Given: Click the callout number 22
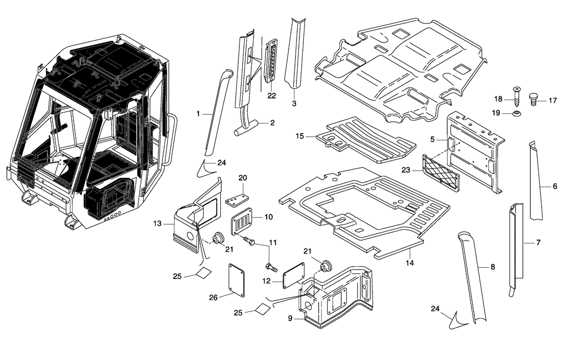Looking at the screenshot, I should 272,96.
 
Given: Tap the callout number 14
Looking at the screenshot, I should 410,263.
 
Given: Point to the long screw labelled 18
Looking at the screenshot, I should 516,96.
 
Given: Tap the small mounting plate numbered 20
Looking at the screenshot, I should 238,200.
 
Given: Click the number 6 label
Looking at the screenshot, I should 555,186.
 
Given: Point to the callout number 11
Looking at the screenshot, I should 272,242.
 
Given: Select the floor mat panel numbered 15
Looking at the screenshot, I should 362,139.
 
